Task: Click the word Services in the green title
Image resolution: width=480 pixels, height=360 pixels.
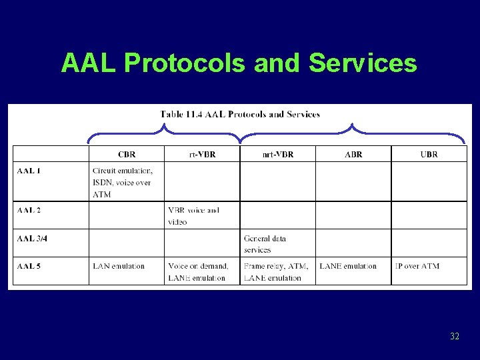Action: [363, 63]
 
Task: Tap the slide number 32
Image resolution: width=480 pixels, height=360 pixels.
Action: [455, 336]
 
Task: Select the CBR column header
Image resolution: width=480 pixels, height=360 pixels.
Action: [127, 155]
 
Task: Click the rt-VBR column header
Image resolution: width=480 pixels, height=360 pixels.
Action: [202, 155]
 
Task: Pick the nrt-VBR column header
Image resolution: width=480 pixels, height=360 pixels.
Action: [277, 155]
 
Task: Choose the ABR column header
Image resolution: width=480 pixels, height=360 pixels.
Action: [353, 155]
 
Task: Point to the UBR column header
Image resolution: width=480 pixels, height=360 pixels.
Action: [429, 155]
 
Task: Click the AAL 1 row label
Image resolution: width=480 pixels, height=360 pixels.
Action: [29, 171]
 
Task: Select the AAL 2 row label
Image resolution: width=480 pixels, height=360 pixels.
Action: [29, 210]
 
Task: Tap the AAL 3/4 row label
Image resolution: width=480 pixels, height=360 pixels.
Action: [32, 238]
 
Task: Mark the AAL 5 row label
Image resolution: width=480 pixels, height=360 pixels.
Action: [29, 266]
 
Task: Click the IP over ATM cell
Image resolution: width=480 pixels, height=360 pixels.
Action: [418, 266]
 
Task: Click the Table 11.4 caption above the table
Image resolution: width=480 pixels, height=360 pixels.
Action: [240, 114]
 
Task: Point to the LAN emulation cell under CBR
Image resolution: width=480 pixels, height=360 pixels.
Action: [119, 266]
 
